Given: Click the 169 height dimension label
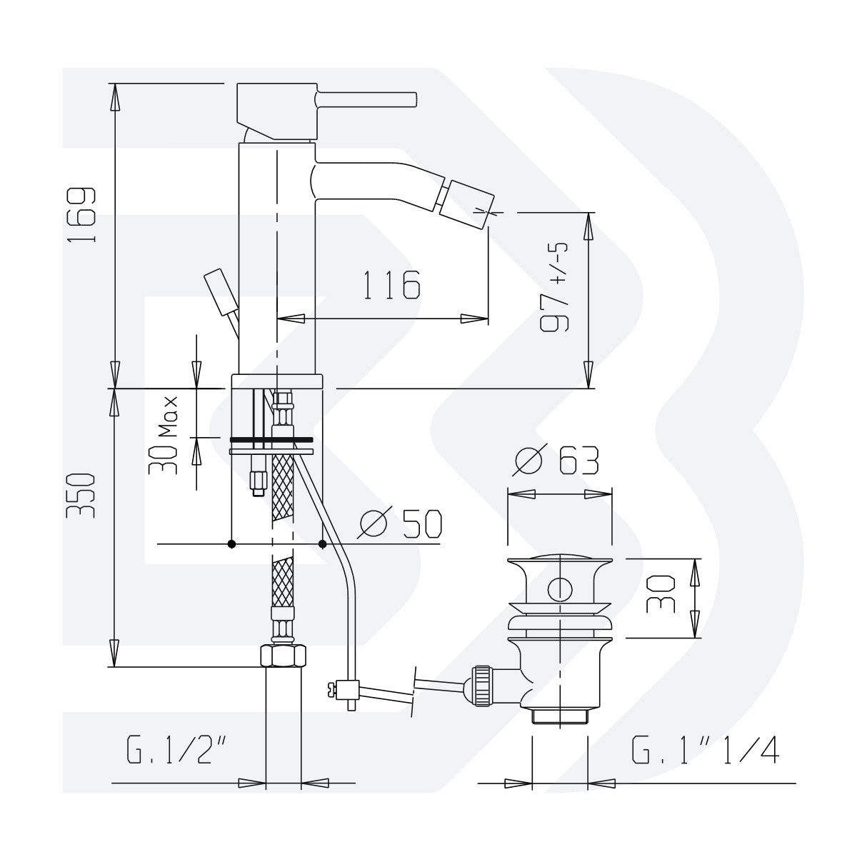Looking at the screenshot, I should [x=83, y=215].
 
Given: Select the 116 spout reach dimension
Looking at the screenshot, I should [x=390, y=286].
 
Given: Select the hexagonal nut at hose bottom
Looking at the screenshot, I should [x=283, y=654].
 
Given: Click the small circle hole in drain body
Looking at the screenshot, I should [x=559, y=590].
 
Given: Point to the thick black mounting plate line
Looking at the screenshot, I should [x=271, y=438].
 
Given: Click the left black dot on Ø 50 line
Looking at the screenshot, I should [x=231, y=544].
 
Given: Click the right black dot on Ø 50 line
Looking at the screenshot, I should [x=323, y=544].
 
